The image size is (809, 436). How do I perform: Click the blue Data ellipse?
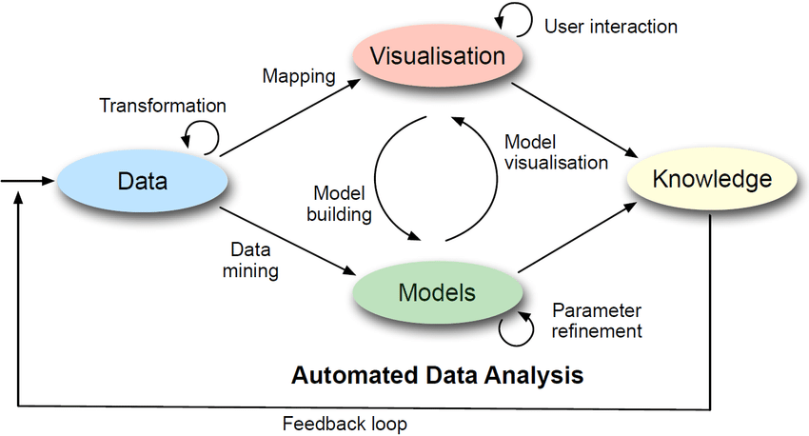(142, 180)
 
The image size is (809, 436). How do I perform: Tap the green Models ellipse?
(437, 291)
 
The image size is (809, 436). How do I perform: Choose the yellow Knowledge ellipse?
(711, 179)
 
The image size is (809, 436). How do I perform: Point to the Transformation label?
(163, 106)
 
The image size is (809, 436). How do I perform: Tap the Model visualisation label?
(556, 151)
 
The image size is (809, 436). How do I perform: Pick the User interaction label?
(611, 26)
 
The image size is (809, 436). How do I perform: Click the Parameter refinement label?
(597, 321)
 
